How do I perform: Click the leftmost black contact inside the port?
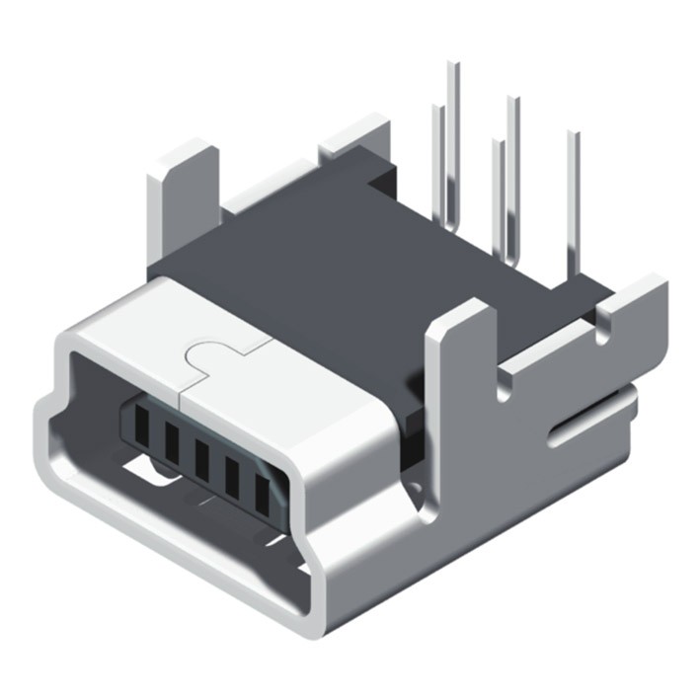coord(142,427)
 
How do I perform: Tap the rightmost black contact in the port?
coord(263,495)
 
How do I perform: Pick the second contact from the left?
coord(172,444)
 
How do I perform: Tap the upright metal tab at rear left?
coord(184,183)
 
